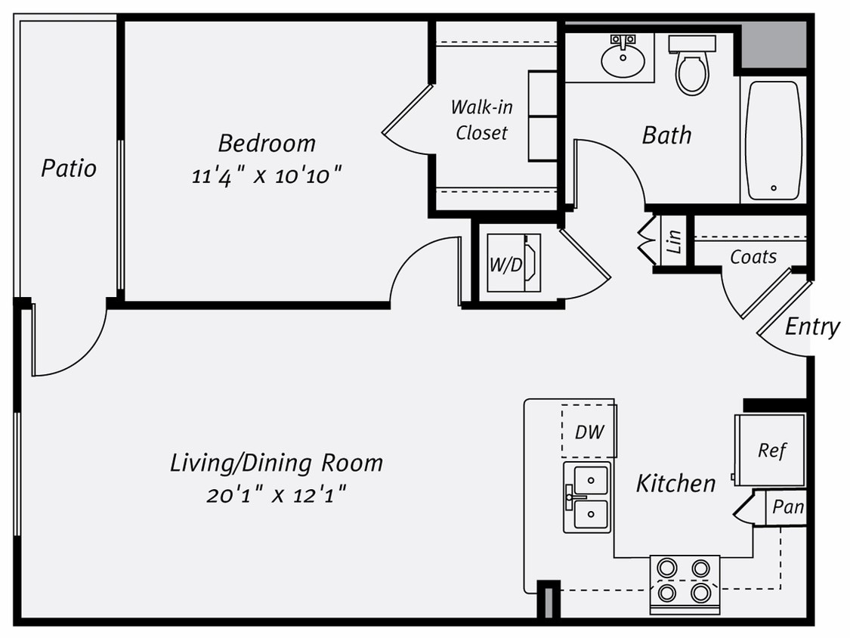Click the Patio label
point(69,168)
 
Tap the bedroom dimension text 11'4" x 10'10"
point(267,176)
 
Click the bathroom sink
point(623,60)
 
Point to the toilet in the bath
point(692,68)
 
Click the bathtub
point(773,141)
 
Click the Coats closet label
point(753,257)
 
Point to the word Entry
point(812,327)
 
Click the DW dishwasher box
point(589,432)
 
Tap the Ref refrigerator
point(771,451)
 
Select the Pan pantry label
point(787,506)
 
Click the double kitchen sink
point(588,497)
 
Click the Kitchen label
point(675,483)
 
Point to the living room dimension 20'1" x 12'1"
point(277,495)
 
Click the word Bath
point(666,135)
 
